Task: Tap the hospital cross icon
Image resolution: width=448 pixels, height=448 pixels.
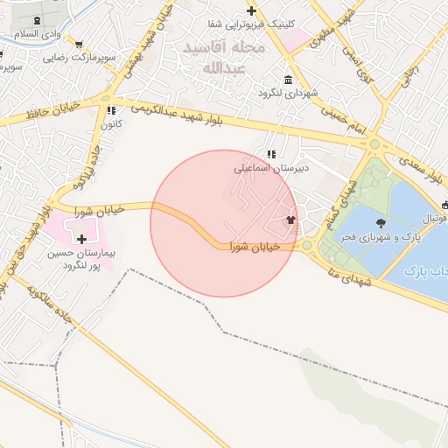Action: (x=82, y=238)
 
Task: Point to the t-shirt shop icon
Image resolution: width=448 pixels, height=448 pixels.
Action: (x=290, y=219)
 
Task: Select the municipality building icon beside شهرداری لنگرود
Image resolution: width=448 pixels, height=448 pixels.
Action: (x=262, y=92)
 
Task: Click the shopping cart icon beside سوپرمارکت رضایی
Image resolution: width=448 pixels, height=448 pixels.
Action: (x=79, y=43)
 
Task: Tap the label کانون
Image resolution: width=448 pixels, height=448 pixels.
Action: (x=108, y=124)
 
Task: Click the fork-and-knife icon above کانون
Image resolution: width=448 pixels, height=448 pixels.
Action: (x=110, y=111)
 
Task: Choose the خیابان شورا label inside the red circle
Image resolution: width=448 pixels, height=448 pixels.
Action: (x=255, y=248)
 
